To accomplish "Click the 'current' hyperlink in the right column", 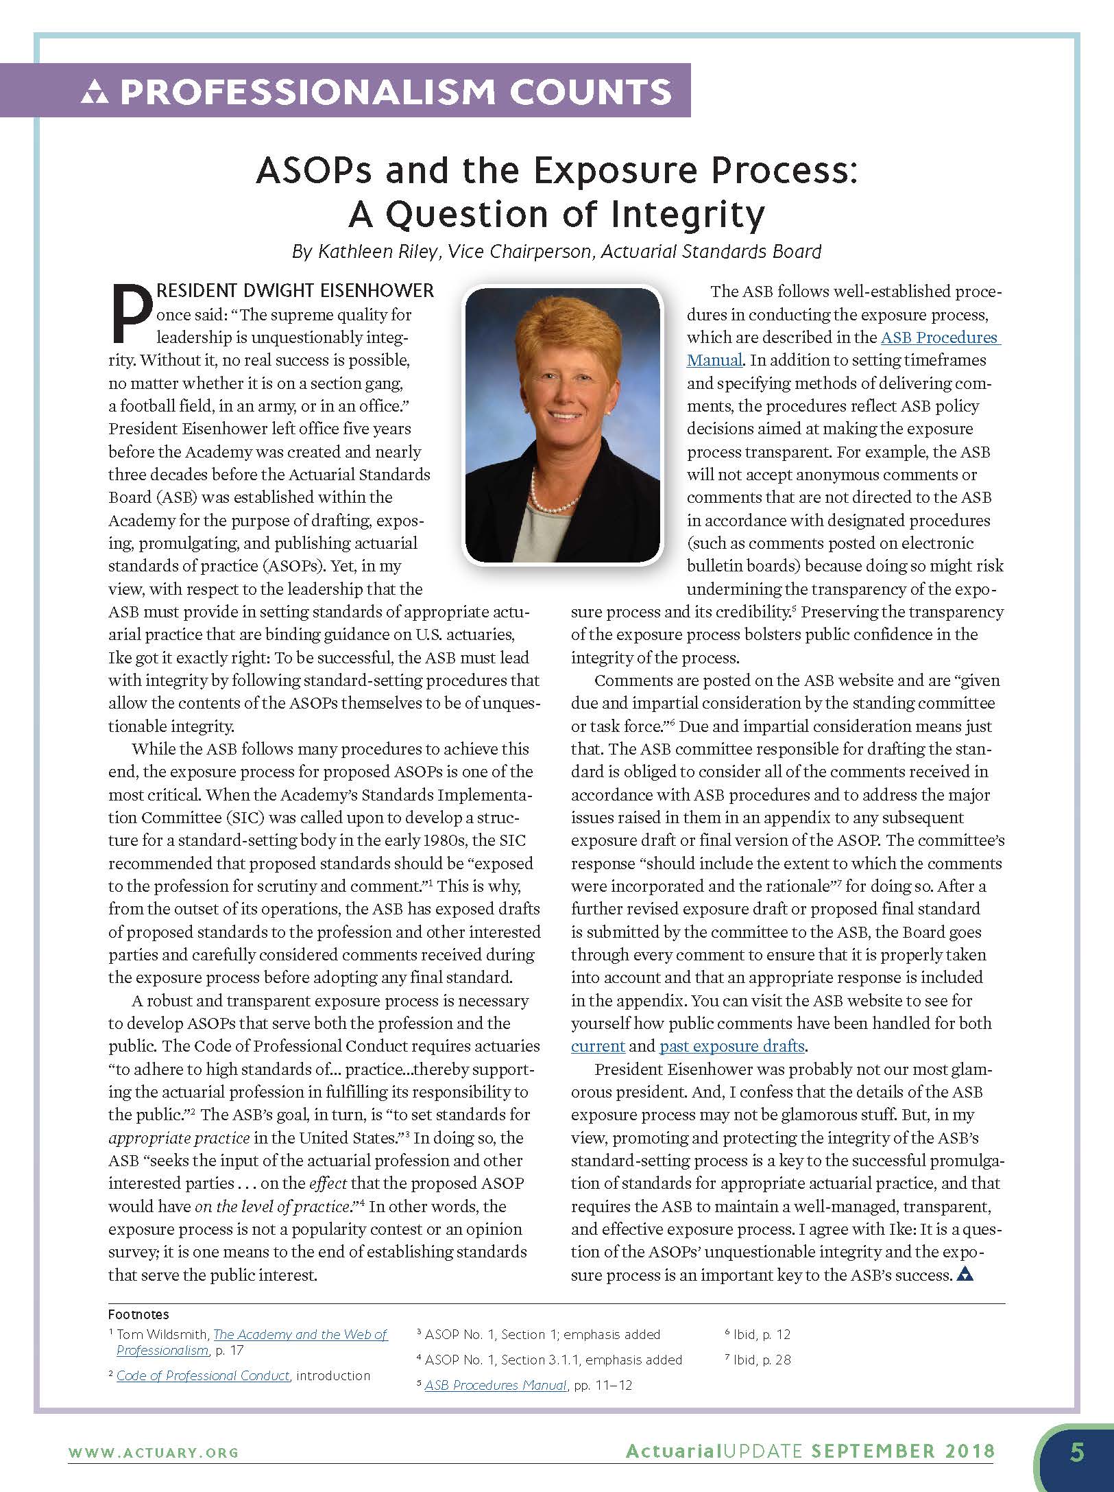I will click(597, 1046).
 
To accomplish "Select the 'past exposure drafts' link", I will click(731, 1046).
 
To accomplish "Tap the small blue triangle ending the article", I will click(965, 1275).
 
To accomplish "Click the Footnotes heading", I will click(138, 1314).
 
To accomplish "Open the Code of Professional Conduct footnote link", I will click(203, 1375).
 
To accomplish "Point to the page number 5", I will click(1077, 1453).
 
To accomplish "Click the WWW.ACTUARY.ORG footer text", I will click(153, 1452).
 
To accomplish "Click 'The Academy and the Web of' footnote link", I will click(300, 1334).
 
